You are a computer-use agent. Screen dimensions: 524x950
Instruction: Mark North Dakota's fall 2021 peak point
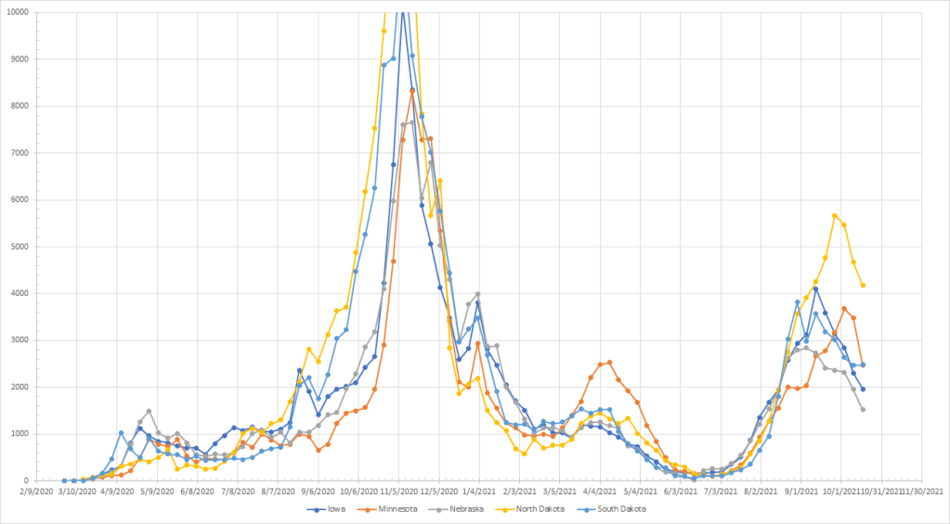(x=835, y=215)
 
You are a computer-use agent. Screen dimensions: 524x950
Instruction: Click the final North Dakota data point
(x=864, y=285)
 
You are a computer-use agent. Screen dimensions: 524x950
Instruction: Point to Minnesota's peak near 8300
(x=412, y=91)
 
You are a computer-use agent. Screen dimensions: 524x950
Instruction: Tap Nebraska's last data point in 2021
(x=864, y=409)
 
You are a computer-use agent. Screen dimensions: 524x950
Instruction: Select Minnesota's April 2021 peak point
(x=609, y=363)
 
